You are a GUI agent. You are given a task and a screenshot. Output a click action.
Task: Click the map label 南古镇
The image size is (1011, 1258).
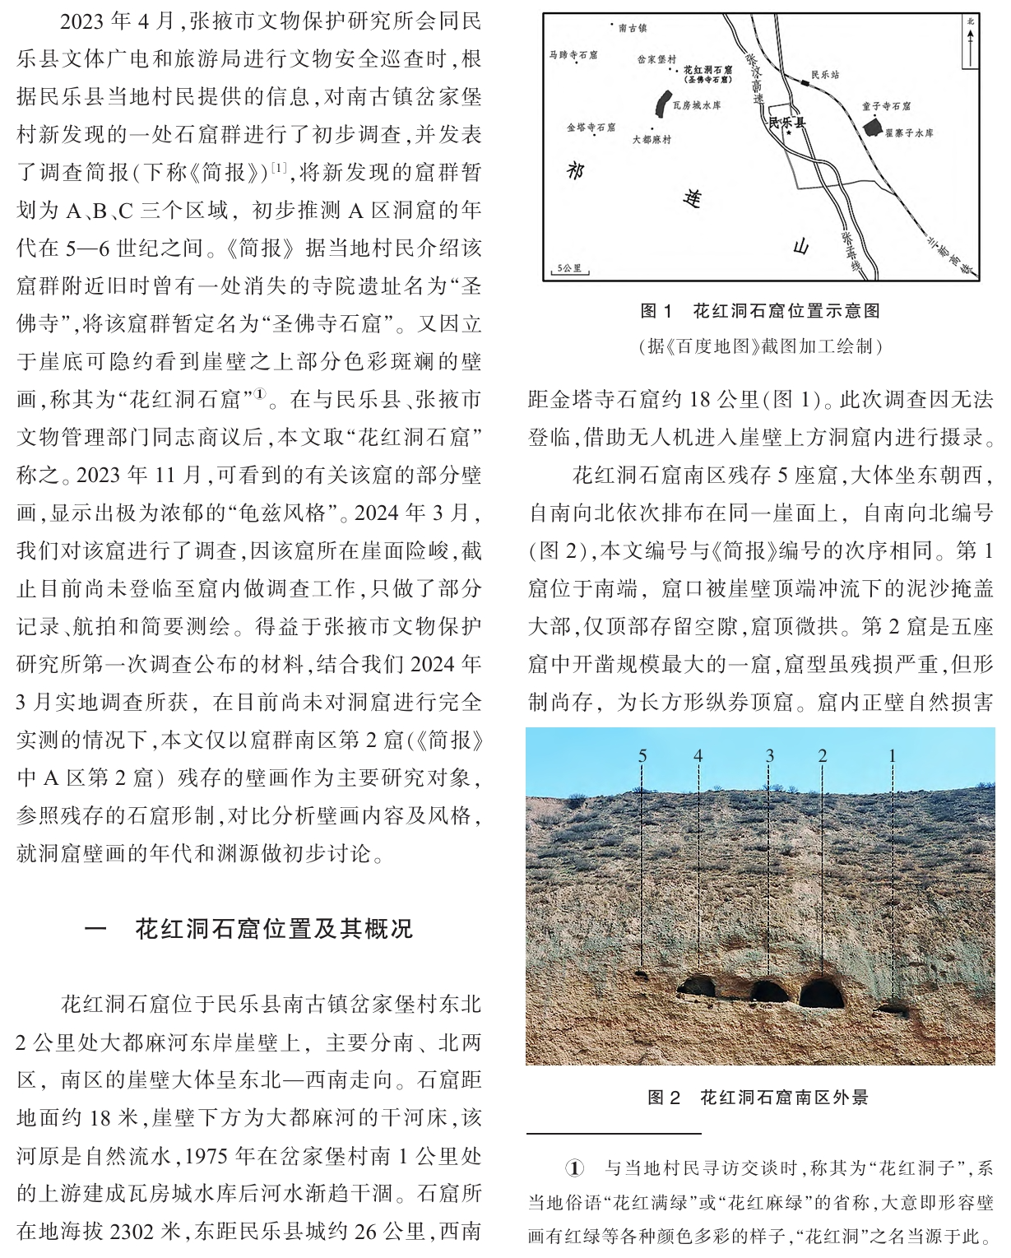pos(633,28)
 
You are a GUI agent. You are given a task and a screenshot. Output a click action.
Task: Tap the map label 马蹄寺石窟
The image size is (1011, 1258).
pos(573,55)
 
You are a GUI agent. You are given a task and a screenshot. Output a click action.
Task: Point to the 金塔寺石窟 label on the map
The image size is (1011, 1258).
pos(591,128)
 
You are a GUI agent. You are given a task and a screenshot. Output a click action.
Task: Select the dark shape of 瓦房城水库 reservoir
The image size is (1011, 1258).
pos(661,104)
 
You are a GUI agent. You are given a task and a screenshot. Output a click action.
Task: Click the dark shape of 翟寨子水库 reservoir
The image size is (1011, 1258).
pos(872,128)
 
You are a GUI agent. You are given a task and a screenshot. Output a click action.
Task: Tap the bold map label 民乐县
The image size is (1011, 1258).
pos(786,123)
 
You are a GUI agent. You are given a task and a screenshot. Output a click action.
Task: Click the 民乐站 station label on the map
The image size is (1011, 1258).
pos(825,75)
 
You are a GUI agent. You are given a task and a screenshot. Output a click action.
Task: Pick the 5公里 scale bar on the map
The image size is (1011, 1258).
pos(569,269)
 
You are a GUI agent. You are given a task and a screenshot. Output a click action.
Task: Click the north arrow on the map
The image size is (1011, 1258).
pos(971,41)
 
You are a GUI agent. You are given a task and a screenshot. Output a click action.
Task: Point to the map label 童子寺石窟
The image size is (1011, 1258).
pos(886,106)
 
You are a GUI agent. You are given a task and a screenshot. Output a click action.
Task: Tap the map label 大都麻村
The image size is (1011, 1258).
pos(652,140)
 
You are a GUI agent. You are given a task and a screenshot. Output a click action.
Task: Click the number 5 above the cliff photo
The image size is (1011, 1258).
pos(642,755)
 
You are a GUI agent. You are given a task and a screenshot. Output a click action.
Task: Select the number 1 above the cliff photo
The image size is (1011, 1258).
pos(892,755)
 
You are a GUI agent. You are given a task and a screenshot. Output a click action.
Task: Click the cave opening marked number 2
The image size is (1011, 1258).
pos(822,993)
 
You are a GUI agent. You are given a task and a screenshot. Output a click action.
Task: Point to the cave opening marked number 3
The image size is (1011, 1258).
pos(769,991)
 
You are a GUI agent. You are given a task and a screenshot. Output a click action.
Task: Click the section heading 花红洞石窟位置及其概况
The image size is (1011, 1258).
pos(273,929)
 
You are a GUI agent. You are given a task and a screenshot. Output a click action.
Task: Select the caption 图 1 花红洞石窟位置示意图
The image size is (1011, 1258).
pos(760,311)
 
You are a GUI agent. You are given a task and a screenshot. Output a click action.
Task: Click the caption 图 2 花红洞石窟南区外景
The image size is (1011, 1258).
pos(758,1097)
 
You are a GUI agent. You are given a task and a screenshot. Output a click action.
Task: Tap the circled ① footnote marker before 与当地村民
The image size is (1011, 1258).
pos(574,1167)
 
